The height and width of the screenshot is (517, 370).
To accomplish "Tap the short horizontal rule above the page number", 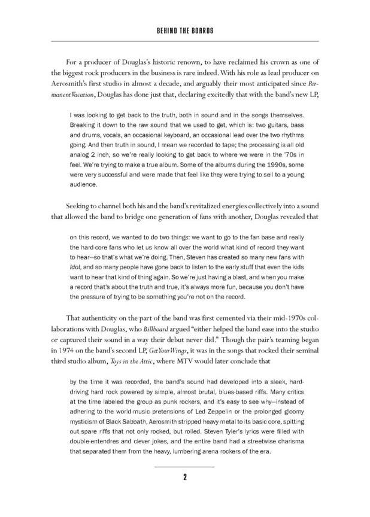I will pos(185,466).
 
